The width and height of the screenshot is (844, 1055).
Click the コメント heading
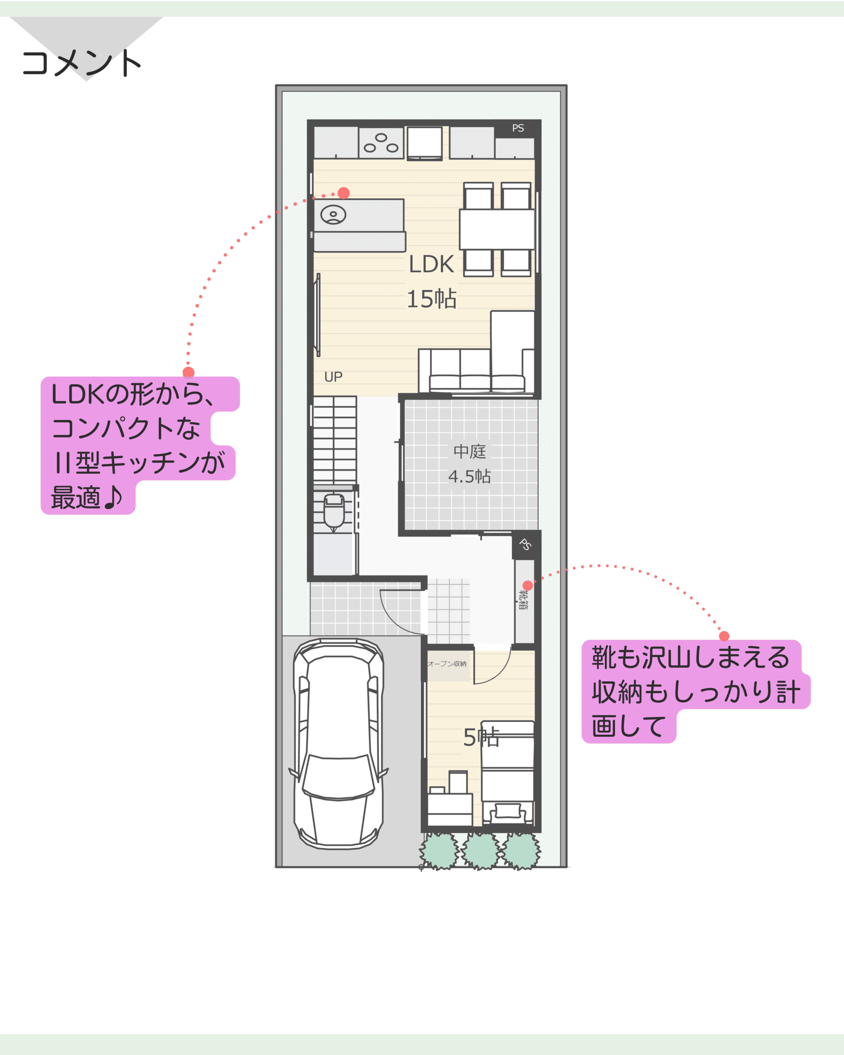point(82,63)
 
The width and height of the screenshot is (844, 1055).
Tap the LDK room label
point(431,264)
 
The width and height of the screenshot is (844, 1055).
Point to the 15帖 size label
point(431,298)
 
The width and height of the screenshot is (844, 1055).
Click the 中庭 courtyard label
point(470,451)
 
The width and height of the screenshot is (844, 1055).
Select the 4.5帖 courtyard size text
point(469,476)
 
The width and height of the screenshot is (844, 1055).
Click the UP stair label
point(333,377)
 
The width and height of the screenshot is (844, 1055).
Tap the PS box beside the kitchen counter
point(518,128)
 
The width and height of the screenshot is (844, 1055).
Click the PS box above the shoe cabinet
point(525,545)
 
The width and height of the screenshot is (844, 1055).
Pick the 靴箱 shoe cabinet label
point(523,600)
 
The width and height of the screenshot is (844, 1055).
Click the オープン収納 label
point(447,664)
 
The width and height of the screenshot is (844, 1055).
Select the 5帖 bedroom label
point(481,737)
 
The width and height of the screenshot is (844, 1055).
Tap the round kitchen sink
point(333,214)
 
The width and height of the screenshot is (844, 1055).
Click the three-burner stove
point(381,143)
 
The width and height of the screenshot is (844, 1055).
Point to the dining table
point(497,230)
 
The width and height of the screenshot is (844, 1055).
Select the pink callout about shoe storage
point(695,692)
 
